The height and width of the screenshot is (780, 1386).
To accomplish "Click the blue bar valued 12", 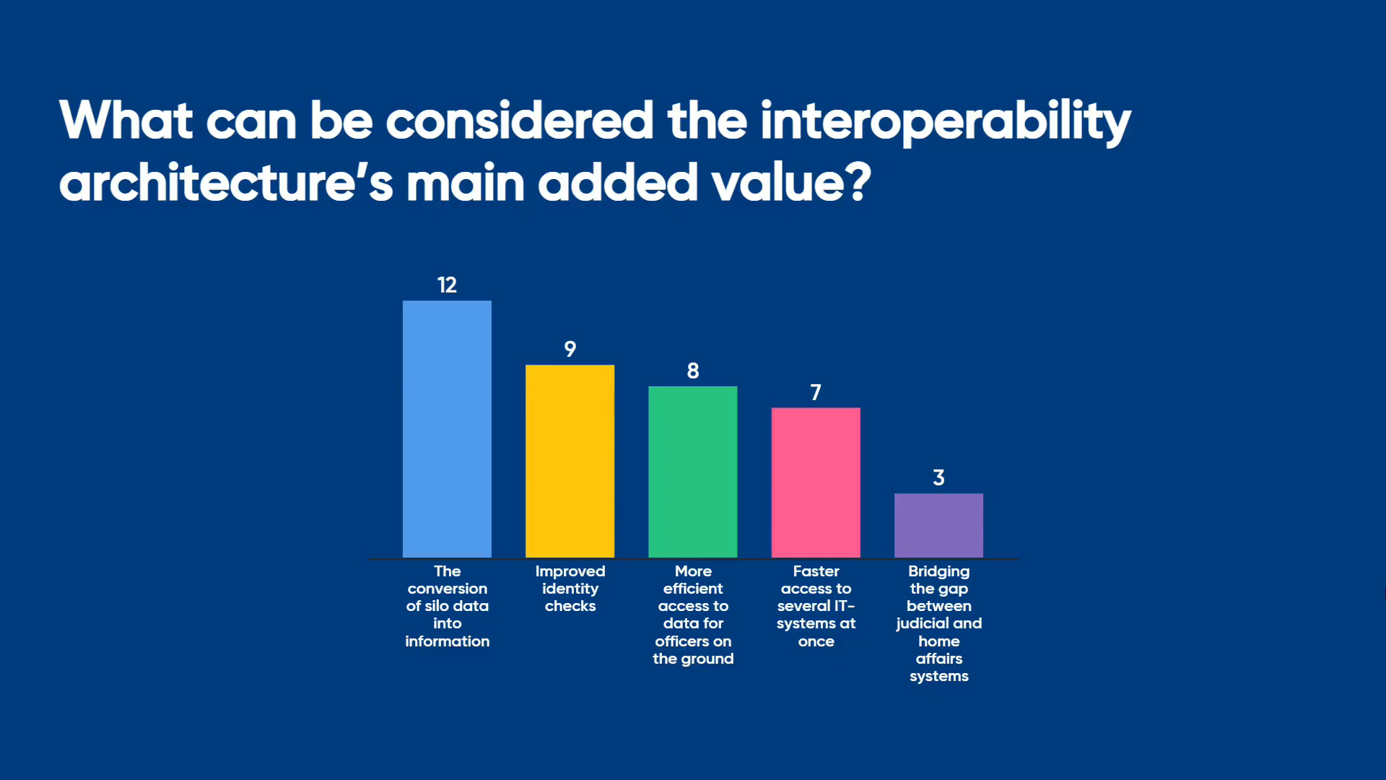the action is pyautogui.click(x=447, y=429).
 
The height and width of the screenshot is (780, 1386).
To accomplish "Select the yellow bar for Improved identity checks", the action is pyautogui.click(x=570, y=461).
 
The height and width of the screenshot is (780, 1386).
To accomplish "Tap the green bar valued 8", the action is pyautogui.click(x=693, y=472).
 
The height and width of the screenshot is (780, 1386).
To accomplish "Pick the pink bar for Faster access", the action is pyautogui.click(x=816, y=482).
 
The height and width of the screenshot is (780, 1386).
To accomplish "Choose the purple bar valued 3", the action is pyautogui.click(x=938, y=525).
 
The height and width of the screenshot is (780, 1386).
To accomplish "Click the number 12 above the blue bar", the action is pyautogui.click(x=447, y=285).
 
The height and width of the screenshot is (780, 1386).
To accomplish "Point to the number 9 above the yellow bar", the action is pyautogui.click(x=570, y=350).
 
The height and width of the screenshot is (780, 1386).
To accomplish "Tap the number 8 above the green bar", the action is pyautogui.click(x=693, y=371).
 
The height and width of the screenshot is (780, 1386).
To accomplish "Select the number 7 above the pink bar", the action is pyautogui.click(x=816, y=392).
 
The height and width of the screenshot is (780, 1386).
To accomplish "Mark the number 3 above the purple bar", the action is pyautogui.click(x=938, y=477).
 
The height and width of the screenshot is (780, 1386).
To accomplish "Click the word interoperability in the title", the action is pyautogui.click(x=946, y=121).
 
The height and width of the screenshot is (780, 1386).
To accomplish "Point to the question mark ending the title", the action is pyautogui.click(x=860, y=182).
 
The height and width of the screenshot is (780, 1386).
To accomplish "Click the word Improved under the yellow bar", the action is pyautogui.click(x=570, y=571).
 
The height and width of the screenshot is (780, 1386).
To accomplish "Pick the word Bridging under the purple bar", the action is pyautogui.click(x=939, y=571).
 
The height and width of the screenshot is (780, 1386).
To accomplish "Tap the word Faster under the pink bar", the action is pyautogui.click(x=816, y=571).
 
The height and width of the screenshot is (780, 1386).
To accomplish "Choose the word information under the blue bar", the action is pyautogui.click(x=448, y=641).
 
